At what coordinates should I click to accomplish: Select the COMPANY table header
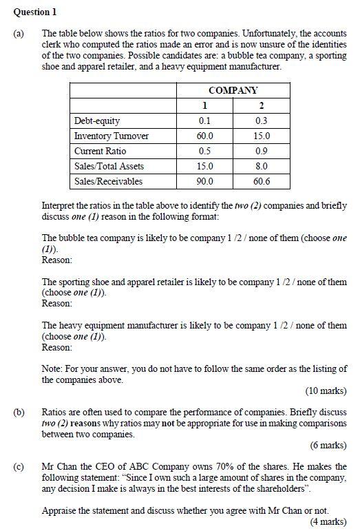233,90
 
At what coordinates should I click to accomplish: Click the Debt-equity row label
96,121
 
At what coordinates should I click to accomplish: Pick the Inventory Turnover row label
111,136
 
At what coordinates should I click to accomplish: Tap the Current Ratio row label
100,151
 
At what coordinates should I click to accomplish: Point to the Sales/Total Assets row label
109,166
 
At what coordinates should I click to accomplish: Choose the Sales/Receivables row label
108,181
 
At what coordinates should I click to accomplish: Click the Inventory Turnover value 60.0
204,136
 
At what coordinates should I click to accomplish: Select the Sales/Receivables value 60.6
262,181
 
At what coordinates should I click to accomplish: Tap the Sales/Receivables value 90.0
204,181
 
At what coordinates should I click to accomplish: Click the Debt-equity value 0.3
262,121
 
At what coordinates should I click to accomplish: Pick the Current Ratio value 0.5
204,151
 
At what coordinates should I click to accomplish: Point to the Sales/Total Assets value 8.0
262,166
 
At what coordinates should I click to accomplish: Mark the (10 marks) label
326,391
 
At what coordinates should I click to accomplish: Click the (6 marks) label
328,445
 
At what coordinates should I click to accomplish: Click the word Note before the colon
52,368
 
